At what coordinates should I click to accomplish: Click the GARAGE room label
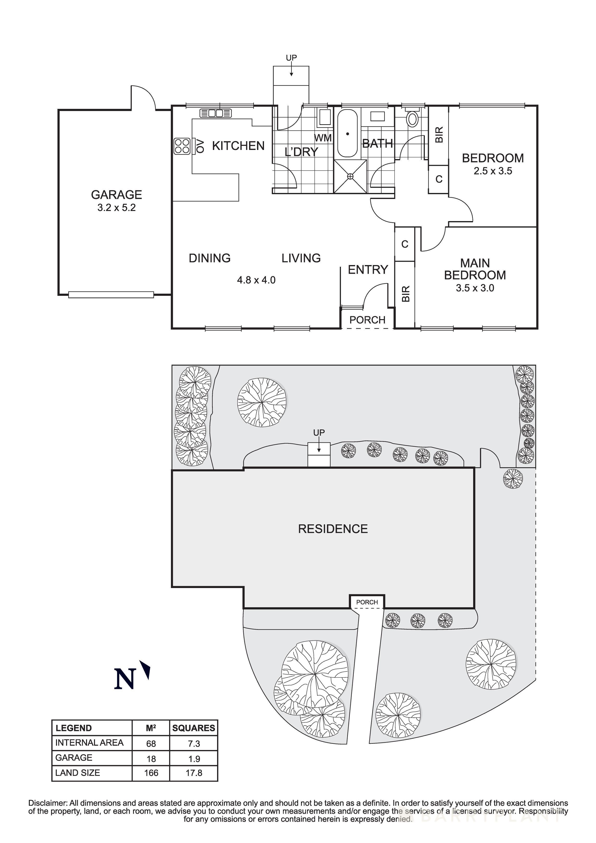(x=116, y=195)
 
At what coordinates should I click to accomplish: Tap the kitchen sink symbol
(x=216, y=113)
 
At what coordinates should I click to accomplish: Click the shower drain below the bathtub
(x=350, y=177)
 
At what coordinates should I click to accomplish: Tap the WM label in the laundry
(x=323, y=138)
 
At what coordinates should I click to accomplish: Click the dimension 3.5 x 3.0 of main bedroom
(x=475, y=288)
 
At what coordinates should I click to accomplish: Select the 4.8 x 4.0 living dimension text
(x=256, y=280)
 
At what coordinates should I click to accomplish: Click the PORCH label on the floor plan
(x=367, y=320)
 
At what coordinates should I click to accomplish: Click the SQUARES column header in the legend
(x=194, y=728)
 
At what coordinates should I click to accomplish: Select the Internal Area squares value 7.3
(x=194, y=744)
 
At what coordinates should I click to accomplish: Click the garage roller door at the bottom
(x=111, y=294)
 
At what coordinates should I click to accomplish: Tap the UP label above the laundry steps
(x=291, y=58)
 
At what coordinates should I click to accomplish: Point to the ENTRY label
(x=368, y=270)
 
